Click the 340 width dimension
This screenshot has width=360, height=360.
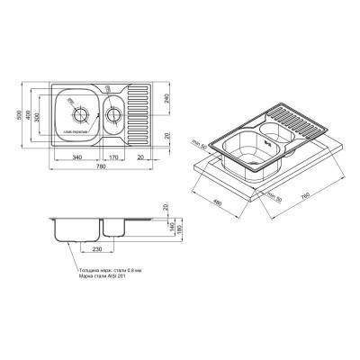[77, 158]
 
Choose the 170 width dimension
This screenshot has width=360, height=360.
[113, 158]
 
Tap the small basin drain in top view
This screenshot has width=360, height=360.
[115, 114]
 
